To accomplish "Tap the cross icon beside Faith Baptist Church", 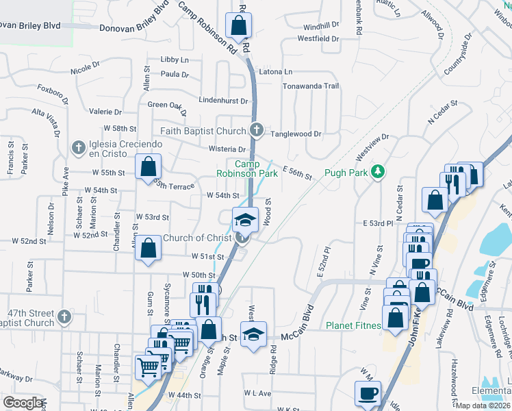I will (257, 129).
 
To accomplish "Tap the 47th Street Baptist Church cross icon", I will (64, 316).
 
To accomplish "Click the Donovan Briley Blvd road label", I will (133, 29).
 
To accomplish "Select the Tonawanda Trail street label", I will (311, 86).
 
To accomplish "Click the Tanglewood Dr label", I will (296, 134).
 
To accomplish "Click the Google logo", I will (23, 403).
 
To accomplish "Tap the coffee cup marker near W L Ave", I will (368, 393).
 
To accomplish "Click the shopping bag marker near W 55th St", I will (148, 166).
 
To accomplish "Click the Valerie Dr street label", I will (105, 112).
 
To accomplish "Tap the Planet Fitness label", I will (353, 325).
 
